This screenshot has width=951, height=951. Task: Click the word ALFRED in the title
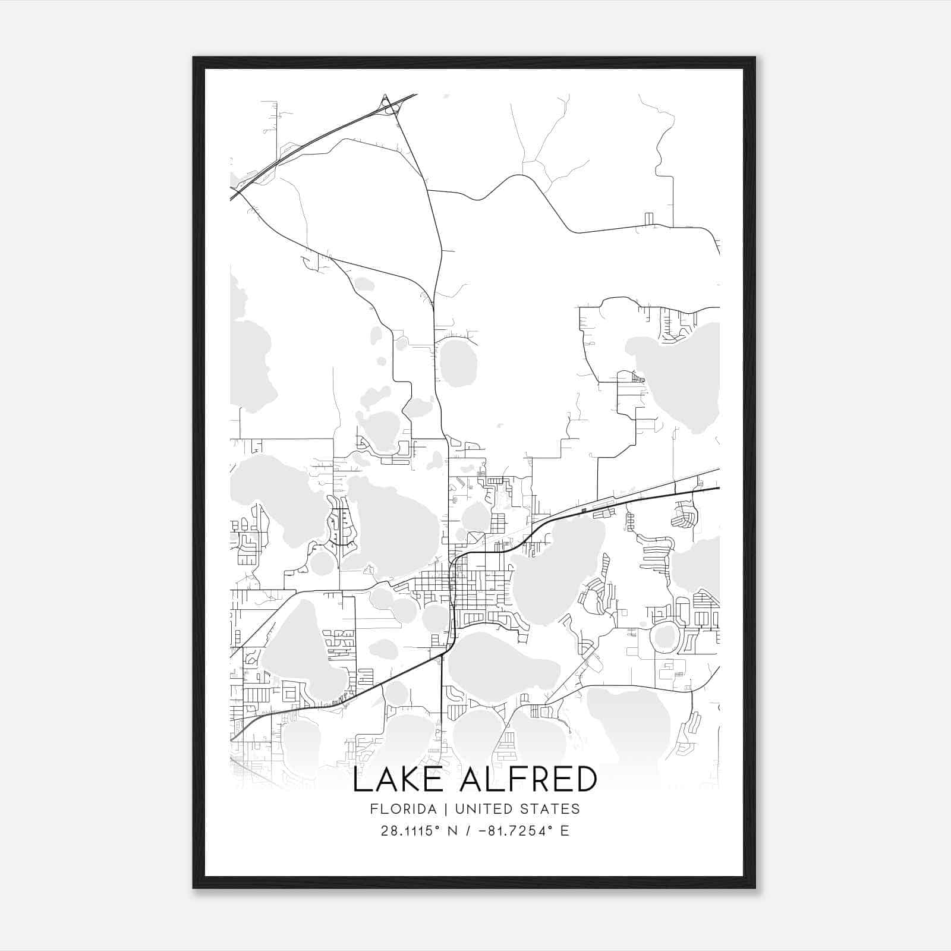tap(528, 780)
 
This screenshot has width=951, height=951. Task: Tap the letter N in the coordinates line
tap(452, 831)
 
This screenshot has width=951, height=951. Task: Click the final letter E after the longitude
tap(565, 831)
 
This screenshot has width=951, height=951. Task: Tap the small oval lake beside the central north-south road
tap(458, 363)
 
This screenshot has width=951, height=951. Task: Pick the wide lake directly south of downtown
tap(502, 666)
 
